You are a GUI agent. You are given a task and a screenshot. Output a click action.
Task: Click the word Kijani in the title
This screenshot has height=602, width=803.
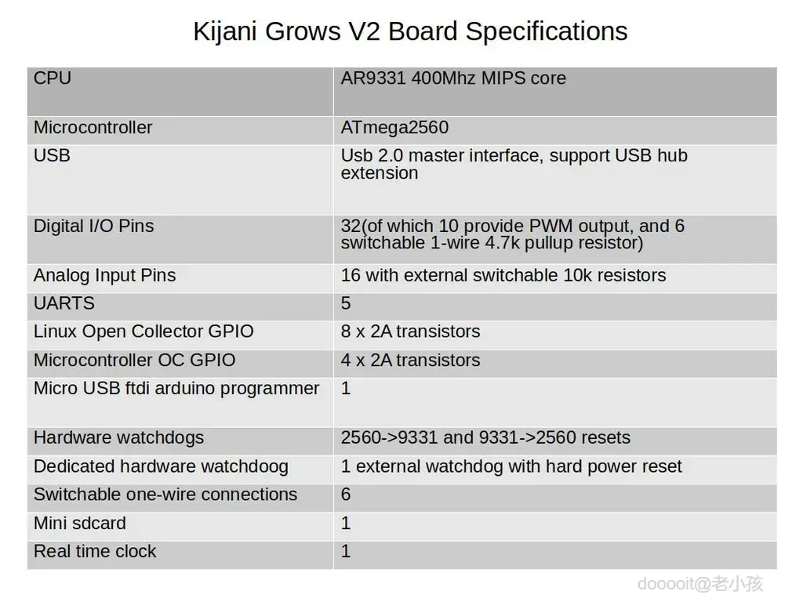coord(225,31)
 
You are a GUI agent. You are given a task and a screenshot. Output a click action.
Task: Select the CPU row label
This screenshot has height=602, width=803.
coord(53,78)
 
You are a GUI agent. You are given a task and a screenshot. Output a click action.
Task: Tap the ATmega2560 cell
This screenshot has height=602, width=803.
coord(394,128)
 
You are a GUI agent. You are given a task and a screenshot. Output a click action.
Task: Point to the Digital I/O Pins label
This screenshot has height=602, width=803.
coord(94,227)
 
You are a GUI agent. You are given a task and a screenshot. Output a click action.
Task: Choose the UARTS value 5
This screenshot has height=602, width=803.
coord(346,303)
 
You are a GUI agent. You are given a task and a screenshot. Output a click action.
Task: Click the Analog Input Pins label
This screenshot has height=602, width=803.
coord(104,275)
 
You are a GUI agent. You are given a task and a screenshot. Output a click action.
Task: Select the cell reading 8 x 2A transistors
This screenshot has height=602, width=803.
coord(410,332)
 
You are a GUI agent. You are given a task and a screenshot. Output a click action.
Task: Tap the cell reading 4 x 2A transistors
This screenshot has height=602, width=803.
coord(410,361)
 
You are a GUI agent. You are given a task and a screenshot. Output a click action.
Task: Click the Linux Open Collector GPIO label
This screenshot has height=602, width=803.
coord(144,332)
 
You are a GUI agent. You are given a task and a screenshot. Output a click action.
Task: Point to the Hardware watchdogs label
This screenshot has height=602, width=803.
coord(119,438)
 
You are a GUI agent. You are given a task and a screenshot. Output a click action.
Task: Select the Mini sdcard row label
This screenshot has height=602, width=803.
coord(80,523)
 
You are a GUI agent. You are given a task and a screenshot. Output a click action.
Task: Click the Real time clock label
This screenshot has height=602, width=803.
coord(95,551)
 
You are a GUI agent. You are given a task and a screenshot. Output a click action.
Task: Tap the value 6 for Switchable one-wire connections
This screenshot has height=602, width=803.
coord(346,495)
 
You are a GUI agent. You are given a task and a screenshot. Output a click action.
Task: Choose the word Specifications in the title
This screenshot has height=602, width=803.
coord(547,31)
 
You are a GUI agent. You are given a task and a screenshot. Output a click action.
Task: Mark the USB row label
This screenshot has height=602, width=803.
coord(52,156)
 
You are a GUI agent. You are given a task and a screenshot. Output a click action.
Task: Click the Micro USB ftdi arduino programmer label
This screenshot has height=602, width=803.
coord(176,389)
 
